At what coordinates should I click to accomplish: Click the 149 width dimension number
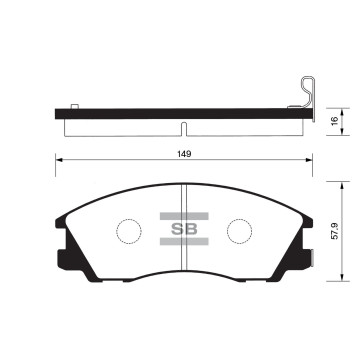click(x=184, y=154)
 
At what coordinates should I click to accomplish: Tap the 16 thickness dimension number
click(x=335, y=121)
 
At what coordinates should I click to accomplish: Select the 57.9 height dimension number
click(x=335, y=231)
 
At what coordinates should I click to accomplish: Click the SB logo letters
click(x=184, y=229)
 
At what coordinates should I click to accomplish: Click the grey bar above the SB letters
click(x=184, y=216)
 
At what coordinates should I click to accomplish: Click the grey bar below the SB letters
click(x=184, y=242)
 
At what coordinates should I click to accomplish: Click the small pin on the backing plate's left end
click(x=75, y=106)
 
